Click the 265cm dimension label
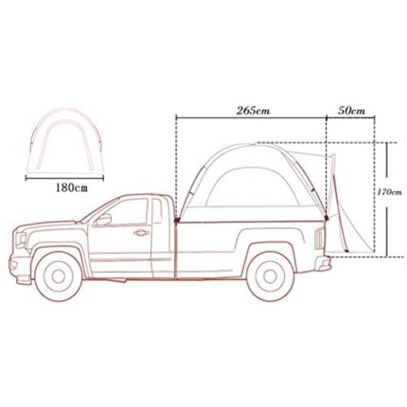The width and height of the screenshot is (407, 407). point(253,111)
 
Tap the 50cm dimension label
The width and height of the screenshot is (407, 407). point(351,111)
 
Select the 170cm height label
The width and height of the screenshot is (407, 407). point(389,192)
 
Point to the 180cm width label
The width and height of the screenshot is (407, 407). point(71,188)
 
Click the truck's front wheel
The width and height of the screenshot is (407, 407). point(59,276)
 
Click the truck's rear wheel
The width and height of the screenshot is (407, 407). point(270,276)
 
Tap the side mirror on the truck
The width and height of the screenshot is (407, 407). point(104,220)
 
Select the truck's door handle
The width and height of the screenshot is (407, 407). point(141,233)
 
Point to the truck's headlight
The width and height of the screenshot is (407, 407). point(21,239)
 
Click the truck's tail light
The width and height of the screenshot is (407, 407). point(319,239)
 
